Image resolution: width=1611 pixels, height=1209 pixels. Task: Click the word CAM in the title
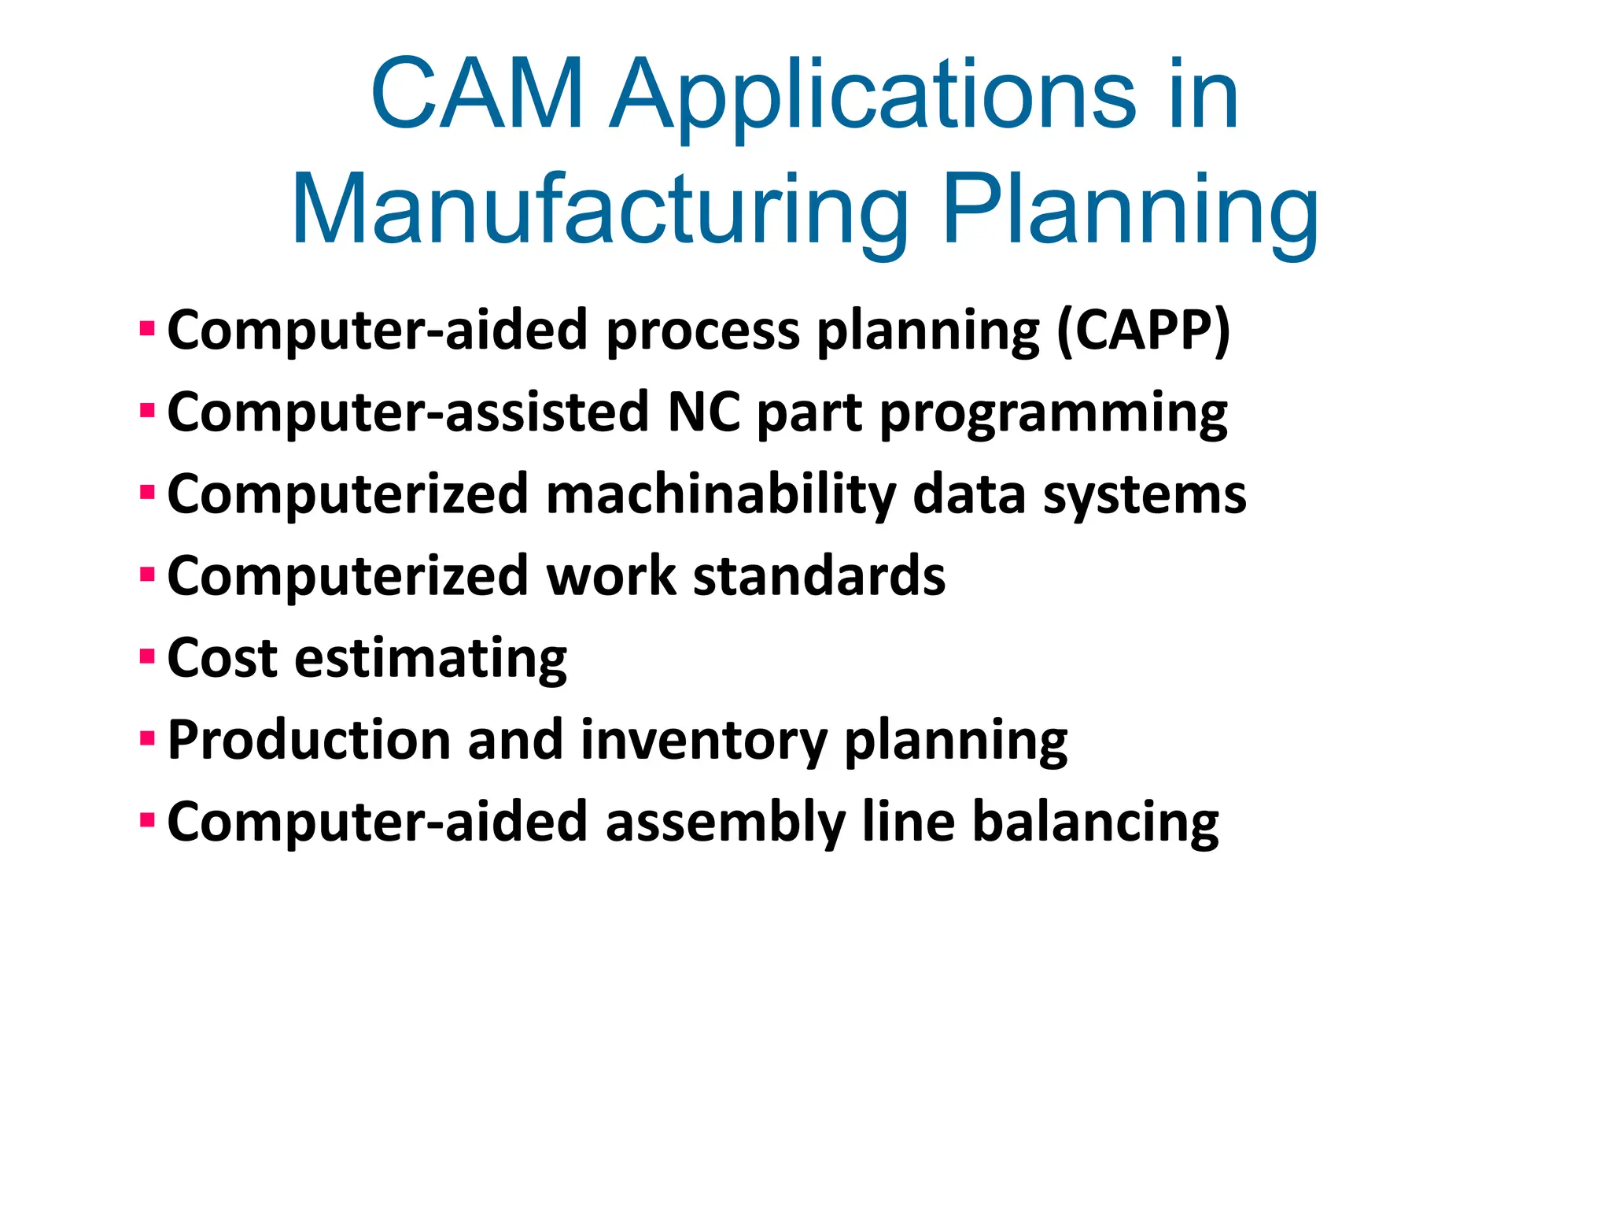(477, 94)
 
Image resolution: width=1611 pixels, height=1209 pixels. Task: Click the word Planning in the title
(1130, 211)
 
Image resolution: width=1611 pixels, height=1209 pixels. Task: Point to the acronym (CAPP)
(1143, 331)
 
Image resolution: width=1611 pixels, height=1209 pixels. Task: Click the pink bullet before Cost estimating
(147, 656)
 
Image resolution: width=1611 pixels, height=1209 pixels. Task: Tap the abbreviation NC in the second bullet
(703, 412)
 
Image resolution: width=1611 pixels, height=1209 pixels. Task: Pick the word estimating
(430, 659)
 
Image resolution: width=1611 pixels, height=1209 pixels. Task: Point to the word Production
(308, 740)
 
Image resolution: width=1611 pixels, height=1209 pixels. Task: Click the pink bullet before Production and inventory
(147, 738)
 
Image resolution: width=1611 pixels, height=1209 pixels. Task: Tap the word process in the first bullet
(703, 331)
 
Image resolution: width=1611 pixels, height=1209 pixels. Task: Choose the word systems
(1145, 495)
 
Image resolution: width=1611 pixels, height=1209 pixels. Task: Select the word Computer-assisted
(407, 412)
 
